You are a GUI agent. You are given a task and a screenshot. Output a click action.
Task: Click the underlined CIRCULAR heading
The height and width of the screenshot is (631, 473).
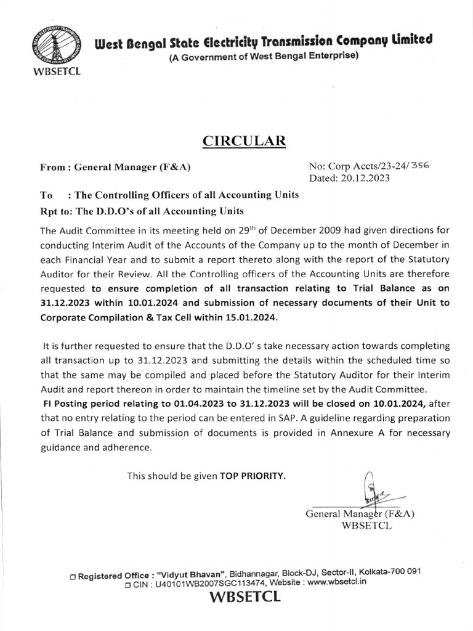245,141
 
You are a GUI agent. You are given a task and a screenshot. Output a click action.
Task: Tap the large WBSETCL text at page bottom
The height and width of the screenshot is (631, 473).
245,598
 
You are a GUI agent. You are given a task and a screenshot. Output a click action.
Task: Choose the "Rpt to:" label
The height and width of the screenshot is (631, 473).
56,210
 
